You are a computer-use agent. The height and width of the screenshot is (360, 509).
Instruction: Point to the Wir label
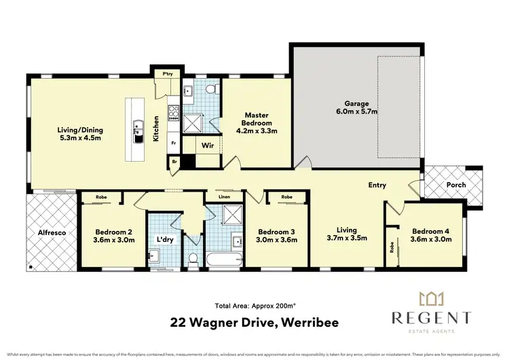pyautogui.click(x=208, y=145)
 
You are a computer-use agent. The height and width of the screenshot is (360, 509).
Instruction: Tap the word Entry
pyautogui.click(x=377, y=185)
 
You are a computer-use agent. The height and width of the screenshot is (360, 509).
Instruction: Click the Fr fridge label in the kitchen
pyautogui.click(x=174, y=143)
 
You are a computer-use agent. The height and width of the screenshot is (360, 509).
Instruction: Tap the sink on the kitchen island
pyautogui.click(x=138, y=129)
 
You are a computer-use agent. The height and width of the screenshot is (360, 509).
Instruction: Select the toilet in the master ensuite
pyautogui.click(x=212, y=90)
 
